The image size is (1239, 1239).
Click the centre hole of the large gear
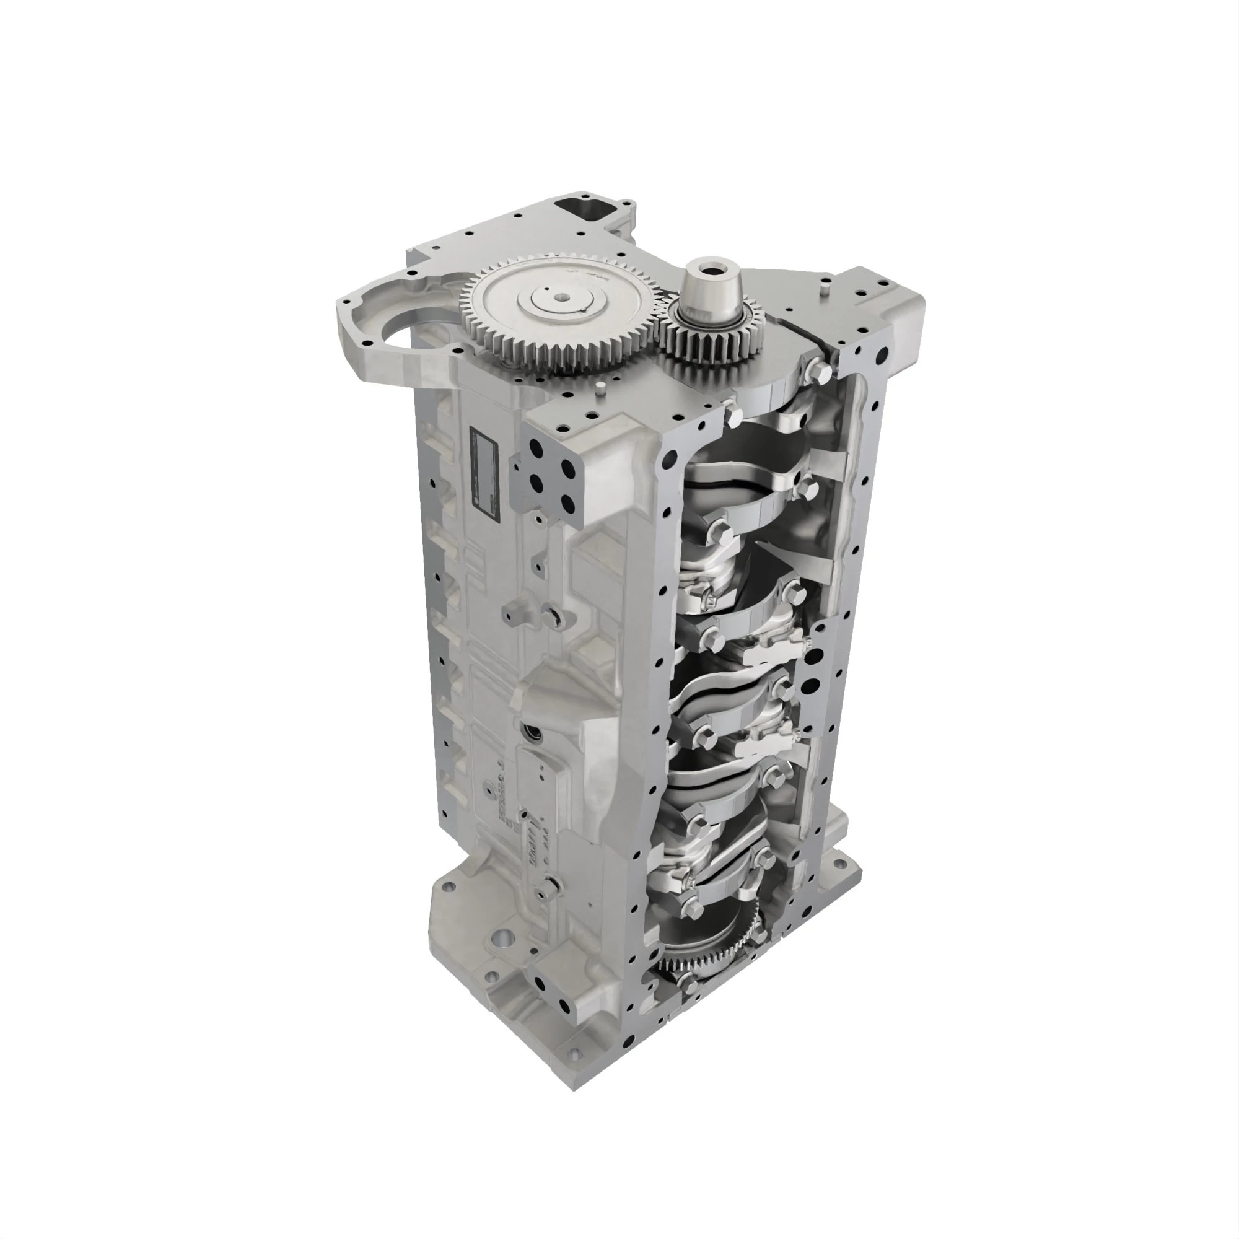coord(563,297)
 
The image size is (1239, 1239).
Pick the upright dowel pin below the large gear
coord(598,388)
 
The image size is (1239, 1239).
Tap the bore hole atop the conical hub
coord(710,266)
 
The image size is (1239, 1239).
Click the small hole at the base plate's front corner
coord(572,1069)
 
